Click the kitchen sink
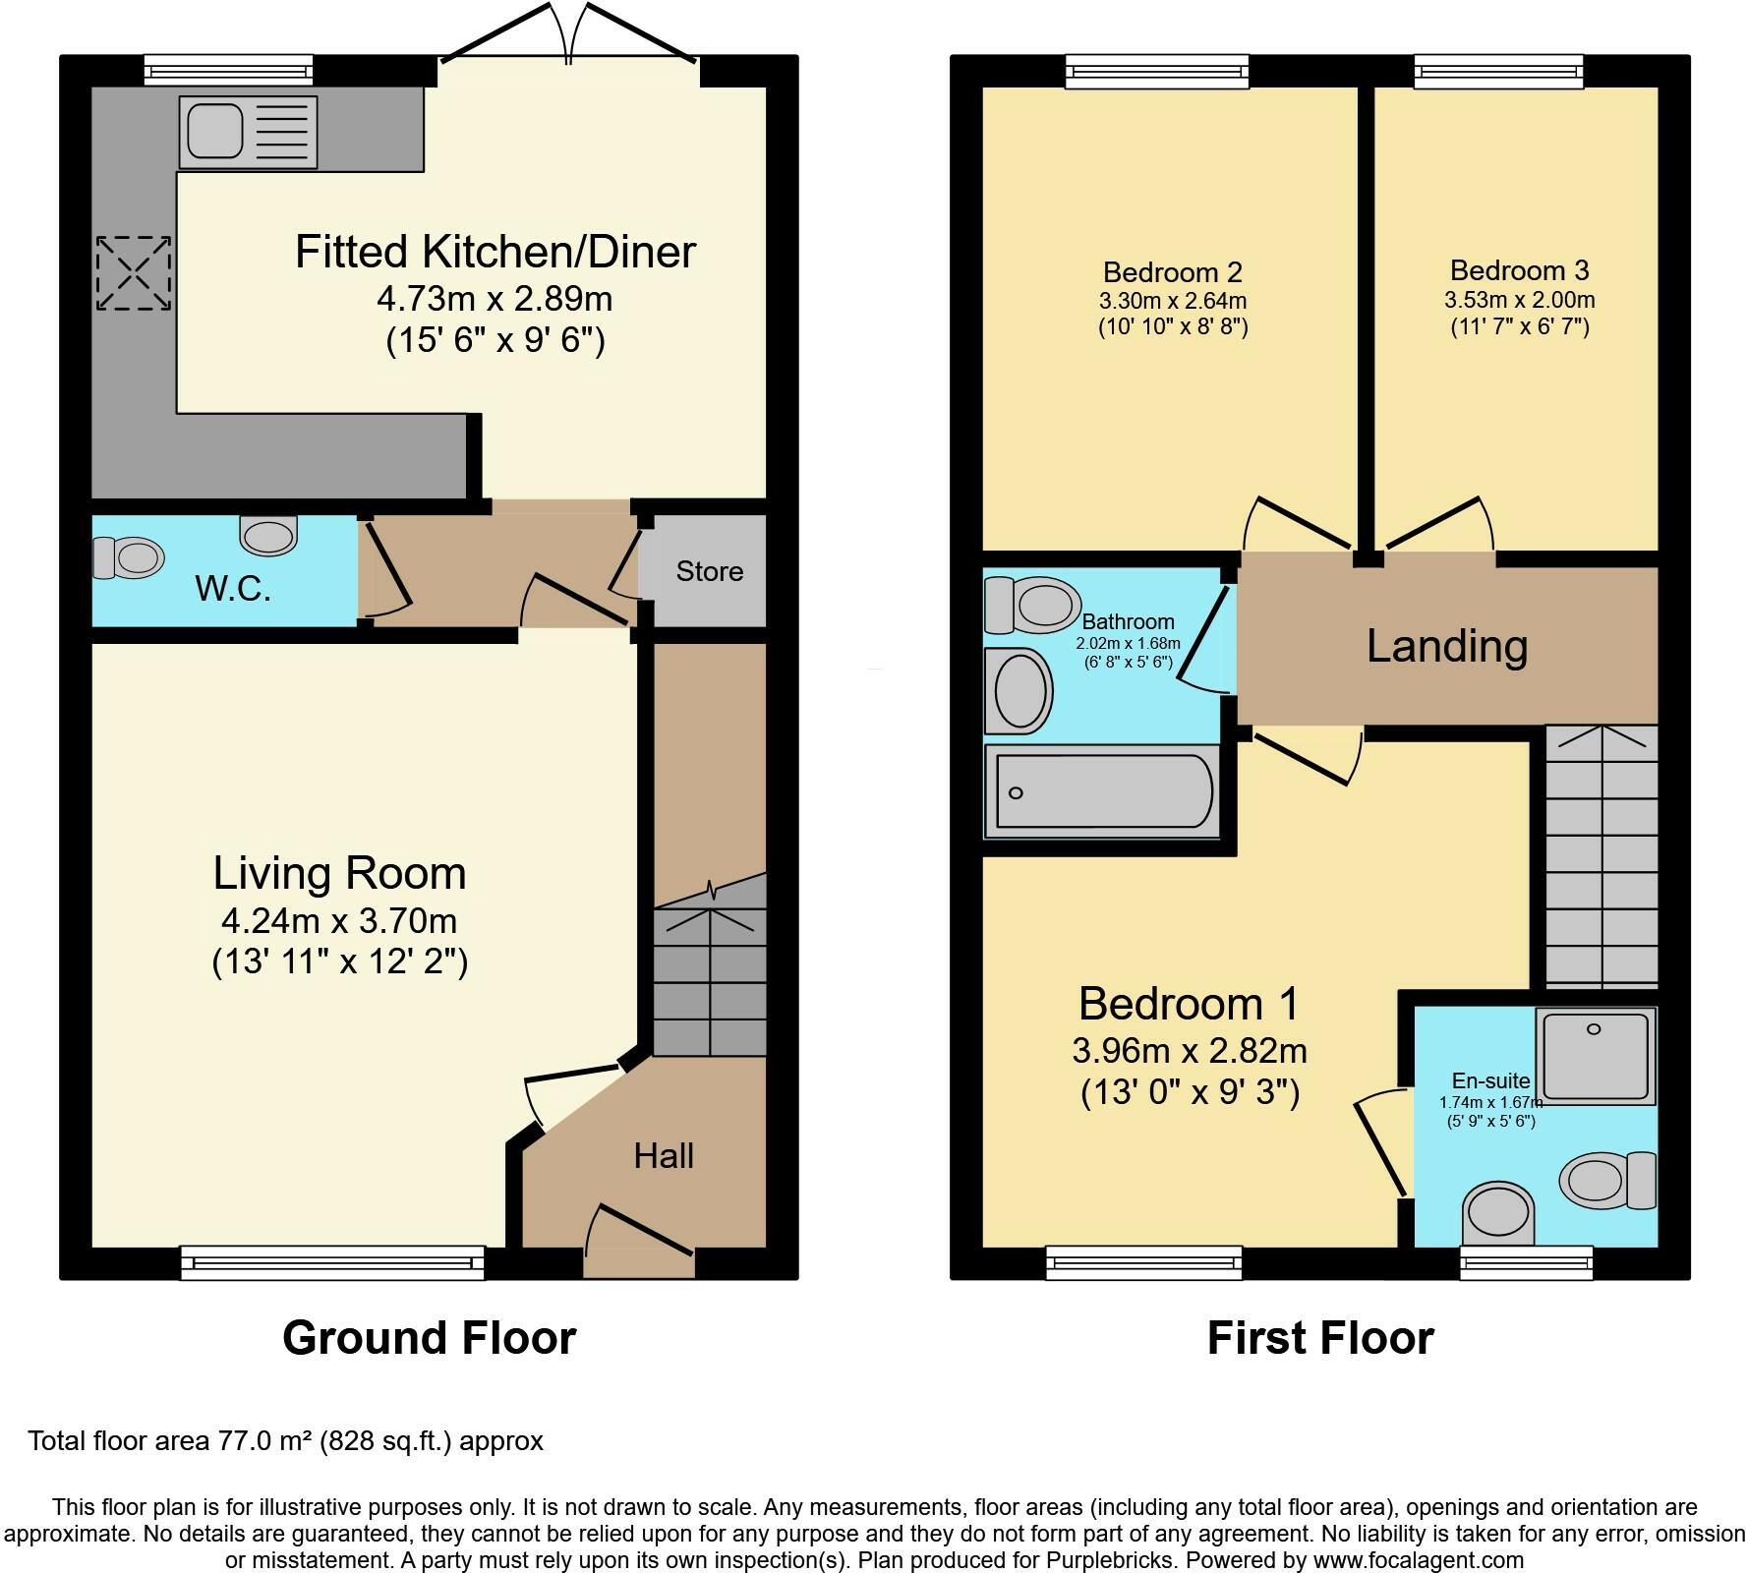point(247,132)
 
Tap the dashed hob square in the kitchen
point(134,273)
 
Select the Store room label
point(709,571)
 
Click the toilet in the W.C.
point(128,557)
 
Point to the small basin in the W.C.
point(267,535)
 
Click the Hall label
point(664,1156)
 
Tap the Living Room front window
point(332,1262)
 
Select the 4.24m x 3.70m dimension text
point(339,921)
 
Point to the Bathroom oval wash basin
point(1019,690)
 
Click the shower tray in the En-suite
point(1597,1056)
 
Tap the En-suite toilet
point(1606,1180)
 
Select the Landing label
point(1446,646)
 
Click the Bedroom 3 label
point(1519,270)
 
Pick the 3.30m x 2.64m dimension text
point(1172,301)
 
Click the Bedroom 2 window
point(1158,71)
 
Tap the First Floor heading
point(1319,1338)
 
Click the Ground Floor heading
point(429,1338)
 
